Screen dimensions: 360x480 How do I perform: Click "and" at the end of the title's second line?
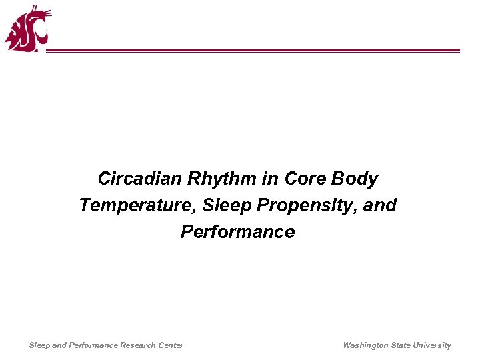[x=380, y=205]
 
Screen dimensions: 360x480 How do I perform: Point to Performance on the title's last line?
[x=237, y=232]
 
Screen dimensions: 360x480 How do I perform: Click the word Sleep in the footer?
[x=39, y=345]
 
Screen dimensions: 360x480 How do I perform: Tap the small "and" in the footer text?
[x=59, y=345]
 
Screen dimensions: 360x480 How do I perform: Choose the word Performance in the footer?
[x=93, y=345]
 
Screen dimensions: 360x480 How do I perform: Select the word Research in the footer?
[x=138, y=345]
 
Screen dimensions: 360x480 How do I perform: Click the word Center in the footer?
[x=170, y=345]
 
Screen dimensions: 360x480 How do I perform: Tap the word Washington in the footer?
[x=365, y=345]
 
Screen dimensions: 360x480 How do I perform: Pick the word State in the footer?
[x=401, y=345]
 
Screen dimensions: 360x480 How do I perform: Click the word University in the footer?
[x=432, y=345]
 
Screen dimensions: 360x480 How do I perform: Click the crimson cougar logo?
[x=27, y=30]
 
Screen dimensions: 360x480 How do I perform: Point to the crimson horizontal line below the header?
[x=253, y=51]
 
